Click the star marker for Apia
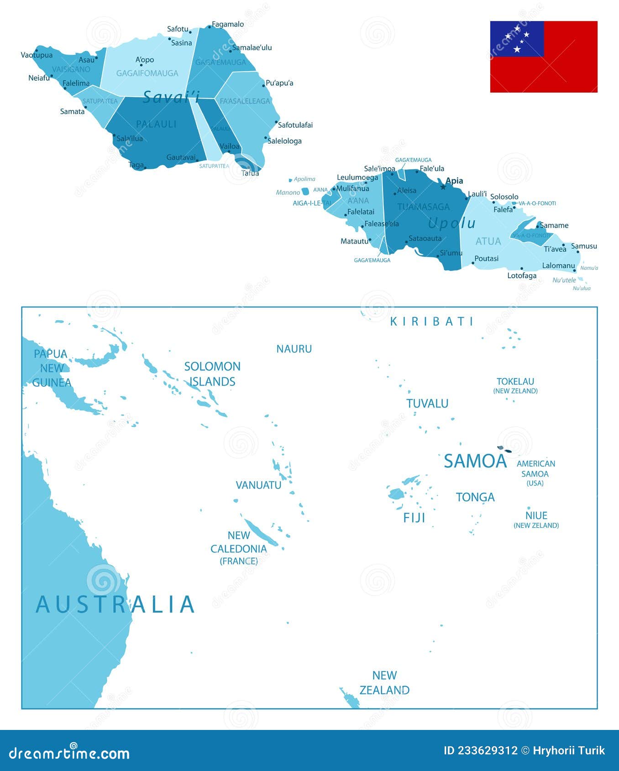[x=443, y=187]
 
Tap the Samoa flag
[x=544, y=57]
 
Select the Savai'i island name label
[x=171, y=97]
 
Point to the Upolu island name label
[x=452, y=223]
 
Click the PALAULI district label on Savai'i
[x=156, y=124]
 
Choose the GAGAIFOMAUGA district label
[x=147, y=73]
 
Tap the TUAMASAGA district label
[x=423, y=207]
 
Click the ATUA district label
[x=488, y=241]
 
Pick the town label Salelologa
[x=284, y=141]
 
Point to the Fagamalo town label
[x=228, y=24]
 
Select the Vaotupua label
[x=37, y=55]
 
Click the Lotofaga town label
[x=522, y=276]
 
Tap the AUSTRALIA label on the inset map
[x=115, y=604]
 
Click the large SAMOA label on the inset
[x=475, y=461]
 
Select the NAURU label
[x=294, y=349]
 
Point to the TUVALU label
[x=427, y=403]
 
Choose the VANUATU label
[x=258, y=485]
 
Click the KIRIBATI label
[x=432, y=322]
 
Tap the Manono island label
[x=288, y=193]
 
